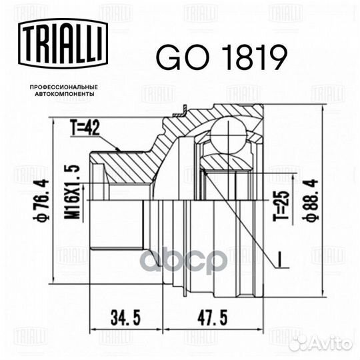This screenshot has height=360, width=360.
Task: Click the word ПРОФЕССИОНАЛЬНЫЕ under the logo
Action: (62, 87)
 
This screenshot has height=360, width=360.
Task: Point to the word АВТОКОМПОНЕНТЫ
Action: (62, 95)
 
